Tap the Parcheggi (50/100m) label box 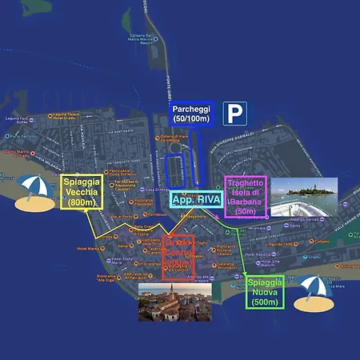[190, 114]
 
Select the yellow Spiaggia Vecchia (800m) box [82, 192]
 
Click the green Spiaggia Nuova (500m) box [263, 292]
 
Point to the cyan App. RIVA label [195, 198]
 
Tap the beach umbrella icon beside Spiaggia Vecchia [33, 193]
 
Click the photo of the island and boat [304, 197]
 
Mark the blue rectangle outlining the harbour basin [174, 170]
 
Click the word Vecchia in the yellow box [82, 193]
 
